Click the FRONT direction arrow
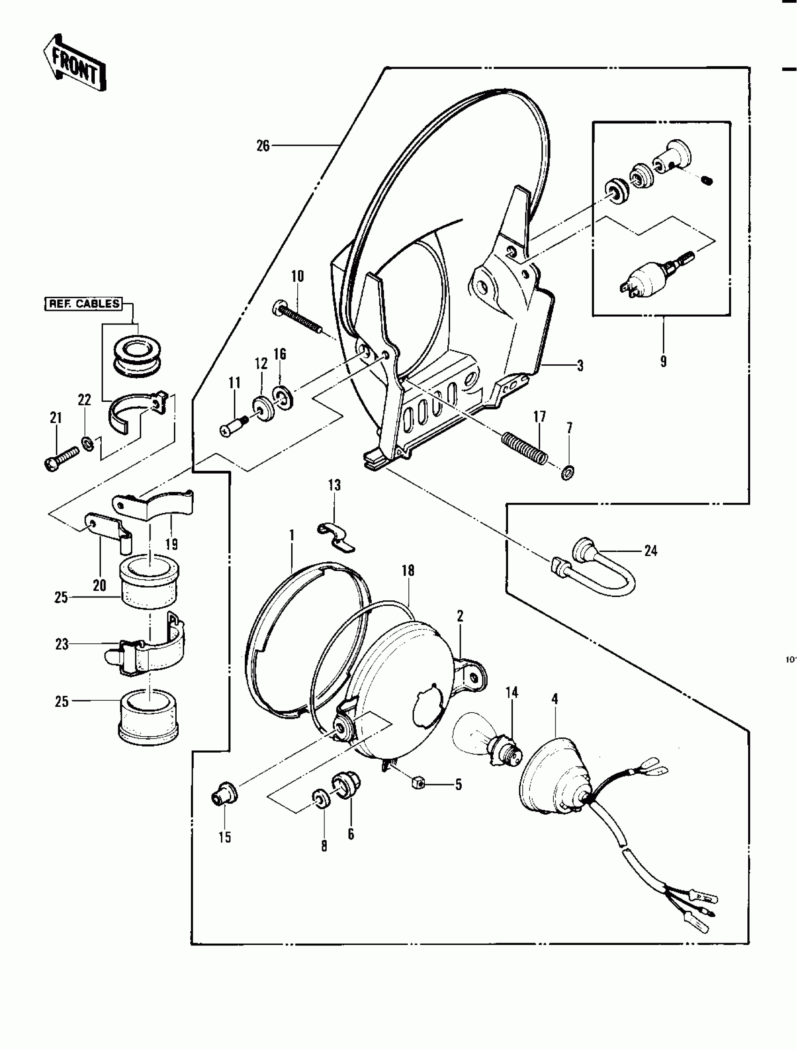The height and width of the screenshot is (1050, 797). coord(75,64)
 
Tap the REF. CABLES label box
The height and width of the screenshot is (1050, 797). coord(83,304)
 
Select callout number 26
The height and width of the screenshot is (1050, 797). coord(263,146)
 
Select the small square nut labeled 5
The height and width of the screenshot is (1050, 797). coord(419,783)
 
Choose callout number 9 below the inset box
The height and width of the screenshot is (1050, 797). coord(663,361)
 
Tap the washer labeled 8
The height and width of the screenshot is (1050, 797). coord(322,799)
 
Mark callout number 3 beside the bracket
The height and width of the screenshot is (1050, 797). coord(579,365)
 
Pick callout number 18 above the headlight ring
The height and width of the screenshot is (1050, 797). coord(408,571)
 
